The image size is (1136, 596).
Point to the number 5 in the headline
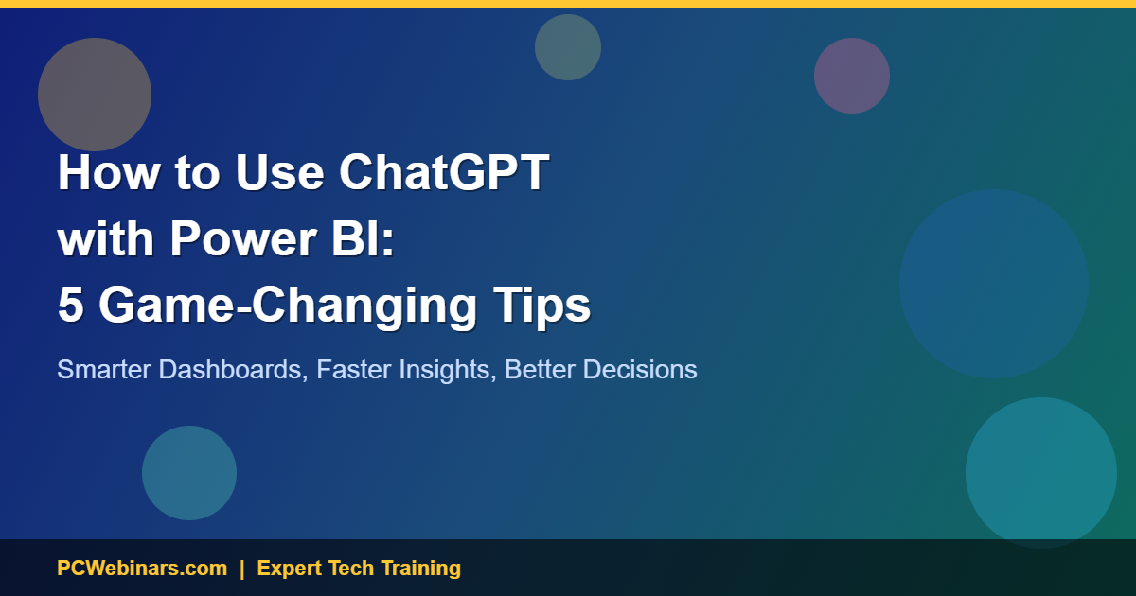(x=69, y=306)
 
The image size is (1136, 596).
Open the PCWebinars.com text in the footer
(x=142, y=569)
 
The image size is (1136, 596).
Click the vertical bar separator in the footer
(x=242, y=569)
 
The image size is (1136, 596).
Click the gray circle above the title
(x=95, y=95)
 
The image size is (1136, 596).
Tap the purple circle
(x=852, y=76)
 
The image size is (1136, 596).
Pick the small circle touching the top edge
(x=568, y=47)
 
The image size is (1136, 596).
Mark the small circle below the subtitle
(x=189, y=473)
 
